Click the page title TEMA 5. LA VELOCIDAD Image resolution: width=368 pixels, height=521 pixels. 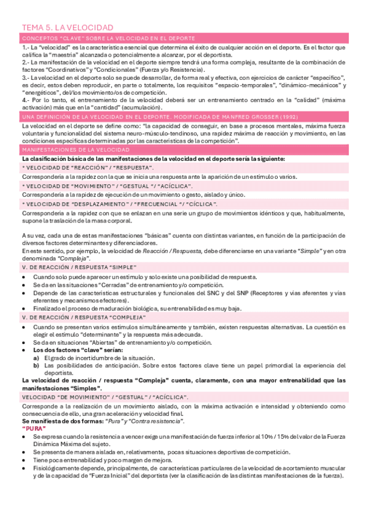68,28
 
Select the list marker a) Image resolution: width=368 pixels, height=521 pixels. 36,358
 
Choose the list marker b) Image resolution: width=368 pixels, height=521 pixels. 36,365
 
